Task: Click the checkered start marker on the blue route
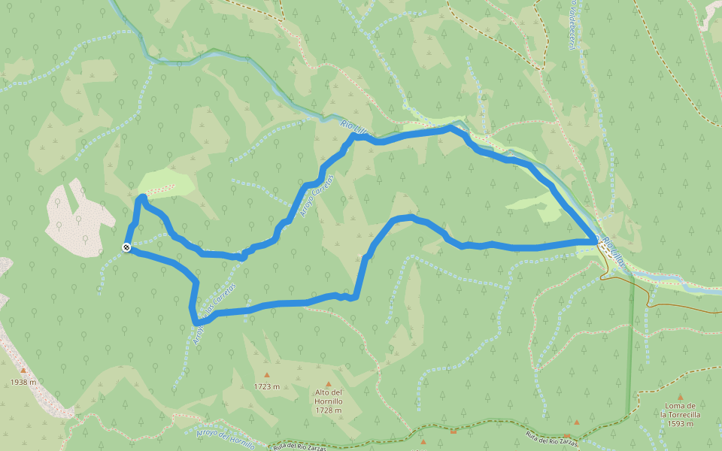pyautogui.click(x=126, y=247)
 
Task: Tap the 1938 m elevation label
pyautogui.click(x=23, y=383)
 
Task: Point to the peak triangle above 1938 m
pyautogui.click(x=23, y=371)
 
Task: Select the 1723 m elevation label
pyautogui.click(x=267, y=387)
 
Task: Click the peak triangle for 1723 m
pyautogui.click(x=266, y=374)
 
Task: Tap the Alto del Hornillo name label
pyautogui.click(x=329, y=397)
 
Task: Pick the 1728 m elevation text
pyautogui.click(x=329, y=410)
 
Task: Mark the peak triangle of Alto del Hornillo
pyautogui.click(x=329, y=384)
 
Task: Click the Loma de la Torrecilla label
pyautogui.click(x=681, y=410)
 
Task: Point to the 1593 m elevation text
pyautogui.click(x=681, y=424)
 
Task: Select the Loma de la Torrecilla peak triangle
pyautogui.click(x=681, y=397)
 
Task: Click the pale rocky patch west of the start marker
pyautogui.click(x=79, y=218)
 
